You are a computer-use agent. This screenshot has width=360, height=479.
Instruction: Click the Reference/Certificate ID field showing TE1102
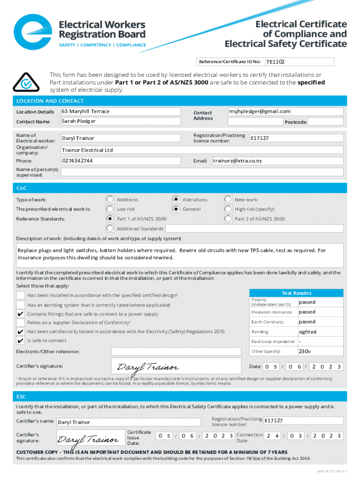pyautogui.click(x=299, y=62)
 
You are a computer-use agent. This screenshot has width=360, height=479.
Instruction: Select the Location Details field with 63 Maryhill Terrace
pyautogui.click(x=121, y=112)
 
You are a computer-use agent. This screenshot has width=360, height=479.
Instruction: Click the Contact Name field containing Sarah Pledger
pyautogui.click(x=121, y=122)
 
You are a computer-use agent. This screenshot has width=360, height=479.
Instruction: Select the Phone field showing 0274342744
pyautogui.click(x=121, y=161)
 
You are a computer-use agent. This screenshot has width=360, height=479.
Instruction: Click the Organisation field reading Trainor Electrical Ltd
pyautogui.click(x=202, y=150)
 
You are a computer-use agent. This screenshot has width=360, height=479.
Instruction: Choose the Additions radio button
pyautogui.click(x=110, y=199)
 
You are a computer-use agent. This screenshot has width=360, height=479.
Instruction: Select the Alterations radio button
pyautogui.click(x=176, y=199)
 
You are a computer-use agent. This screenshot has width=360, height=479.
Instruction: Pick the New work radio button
pyautogui.click(x=228, y=199)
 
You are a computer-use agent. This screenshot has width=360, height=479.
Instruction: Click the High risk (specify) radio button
pyautogui.click(x=228, y=209)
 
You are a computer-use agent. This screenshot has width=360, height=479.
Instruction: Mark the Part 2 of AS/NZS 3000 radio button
pyautogui.click(x=228, y=218)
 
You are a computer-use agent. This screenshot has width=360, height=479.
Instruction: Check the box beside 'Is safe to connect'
pyautogui.click(x=21, y=341)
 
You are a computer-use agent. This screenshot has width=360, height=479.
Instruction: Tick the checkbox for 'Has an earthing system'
pyautogui.click(x=21, y=305)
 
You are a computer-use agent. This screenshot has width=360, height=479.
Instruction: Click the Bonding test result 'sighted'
pyautogui.click(x=308, y=332)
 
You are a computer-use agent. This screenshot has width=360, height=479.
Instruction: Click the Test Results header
pyautogui.click(x=296, y=293)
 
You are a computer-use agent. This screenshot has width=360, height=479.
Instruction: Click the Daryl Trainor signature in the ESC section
pyautogui.click(x=87, y=440)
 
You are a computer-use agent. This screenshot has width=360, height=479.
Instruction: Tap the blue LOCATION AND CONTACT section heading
pyautogui.click(x=50, y=101)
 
